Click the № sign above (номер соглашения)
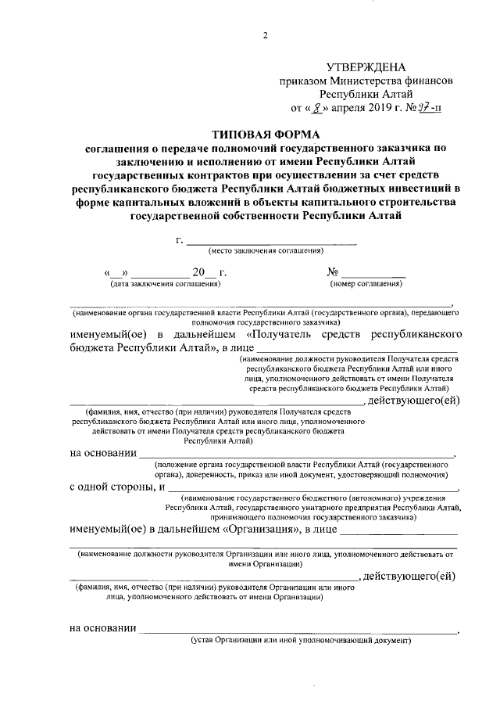tap(332, 272)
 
